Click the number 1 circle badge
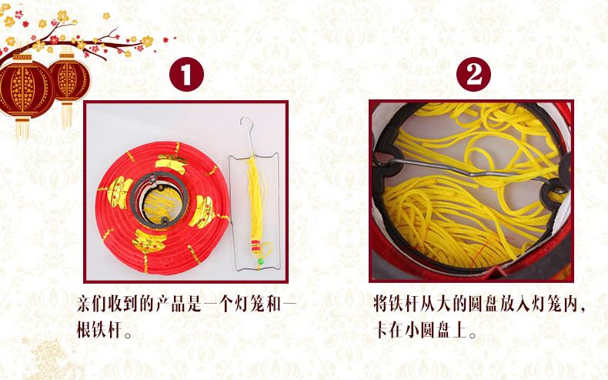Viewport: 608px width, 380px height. click(186, 75)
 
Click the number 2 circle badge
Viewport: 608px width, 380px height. click(473, 75)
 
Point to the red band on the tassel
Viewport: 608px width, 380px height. click(256, 245)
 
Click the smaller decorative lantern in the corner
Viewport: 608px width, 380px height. click(69, 81)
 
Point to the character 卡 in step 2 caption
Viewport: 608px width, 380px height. click(381, 331)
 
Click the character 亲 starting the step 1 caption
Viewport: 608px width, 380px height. click(84, 304)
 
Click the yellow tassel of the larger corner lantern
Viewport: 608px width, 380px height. click(22, 127)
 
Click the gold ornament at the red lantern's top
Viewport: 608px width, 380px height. click(172, 164)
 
